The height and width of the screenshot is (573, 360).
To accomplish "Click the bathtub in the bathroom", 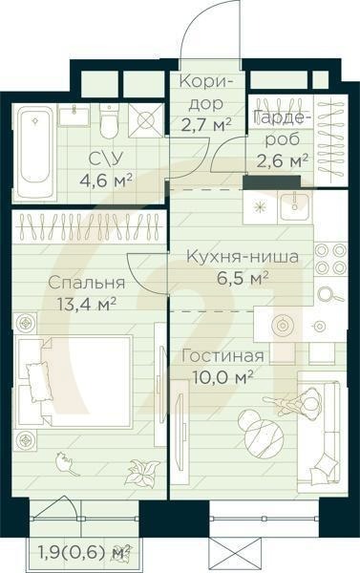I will (x=34, y=149).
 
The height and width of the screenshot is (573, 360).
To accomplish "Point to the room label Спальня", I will (x=86, y=284).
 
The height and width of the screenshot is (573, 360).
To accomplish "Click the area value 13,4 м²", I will (x=86, y=304).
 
